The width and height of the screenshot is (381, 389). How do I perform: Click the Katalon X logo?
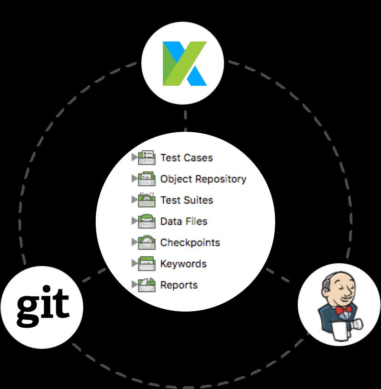(x=184, y=63)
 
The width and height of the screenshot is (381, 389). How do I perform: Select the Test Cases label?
(x=186, y=158)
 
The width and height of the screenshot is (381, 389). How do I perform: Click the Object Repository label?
(x=203, y=179)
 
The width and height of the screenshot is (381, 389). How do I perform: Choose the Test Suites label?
(x=186, y=200)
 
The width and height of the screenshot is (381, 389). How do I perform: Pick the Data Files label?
(x=184, y=221)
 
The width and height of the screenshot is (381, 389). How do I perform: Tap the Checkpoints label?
(x=190, y=242)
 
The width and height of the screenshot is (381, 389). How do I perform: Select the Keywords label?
(x=183, y=264)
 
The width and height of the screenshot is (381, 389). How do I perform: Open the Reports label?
(x=179, y=285)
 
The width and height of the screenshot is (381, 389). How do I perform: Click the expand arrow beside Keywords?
(x=134, y=263)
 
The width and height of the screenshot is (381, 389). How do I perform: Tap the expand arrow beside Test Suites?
(x=134, y=200)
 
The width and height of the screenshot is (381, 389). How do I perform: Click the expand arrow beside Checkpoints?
(x=134, y=242)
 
